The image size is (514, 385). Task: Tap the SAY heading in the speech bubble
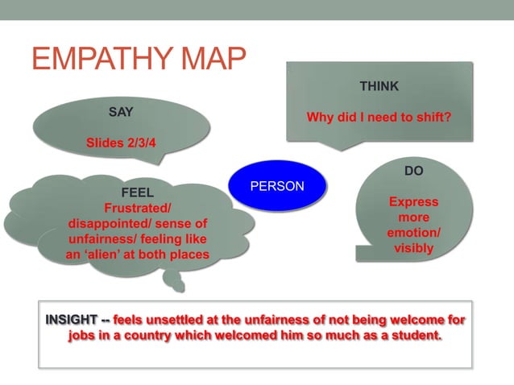pos(121,112)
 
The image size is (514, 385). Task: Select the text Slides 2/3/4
pos(121,143)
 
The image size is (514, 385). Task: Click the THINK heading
pos(379,86)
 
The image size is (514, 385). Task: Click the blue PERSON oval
pos(277,186)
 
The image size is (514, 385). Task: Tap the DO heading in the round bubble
pos(413,172)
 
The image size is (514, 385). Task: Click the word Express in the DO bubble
pos(413,202)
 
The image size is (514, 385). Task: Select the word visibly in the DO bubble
pos(413,248)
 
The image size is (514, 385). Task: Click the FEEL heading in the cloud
pos(136,193)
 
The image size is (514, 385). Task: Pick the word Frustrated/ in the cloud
pos(137,208)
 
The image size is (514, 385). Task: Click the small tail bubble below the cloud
pos(173,281)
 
